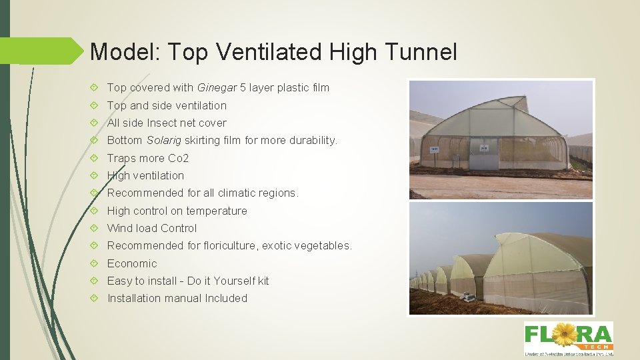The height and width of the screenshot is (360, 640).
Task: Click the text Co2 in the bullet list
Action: point(178,158)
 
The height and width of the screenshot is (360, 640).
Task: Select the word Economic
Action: point(132,263)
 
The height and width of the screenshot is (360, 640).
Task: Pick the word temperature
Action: point(215,211)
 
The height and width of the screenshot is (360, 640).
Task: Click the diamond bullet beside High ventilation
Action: point(96,175)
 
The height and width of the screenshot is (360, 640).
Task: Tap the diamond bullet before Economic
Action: point(96,263)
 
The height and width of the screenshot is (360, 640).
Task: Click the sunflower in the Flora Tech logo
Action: point(565,333)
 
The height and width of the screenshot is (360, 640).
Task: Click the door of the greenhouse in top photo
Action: point(483,155)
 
